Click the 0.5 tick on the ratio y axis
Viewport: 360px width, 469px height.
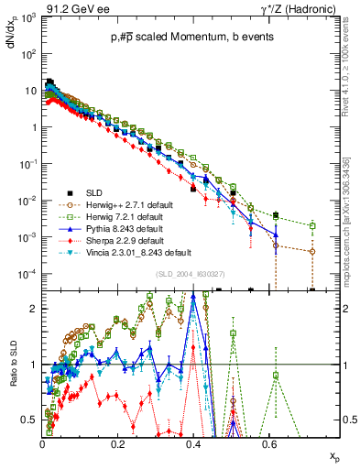[31, 420]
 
